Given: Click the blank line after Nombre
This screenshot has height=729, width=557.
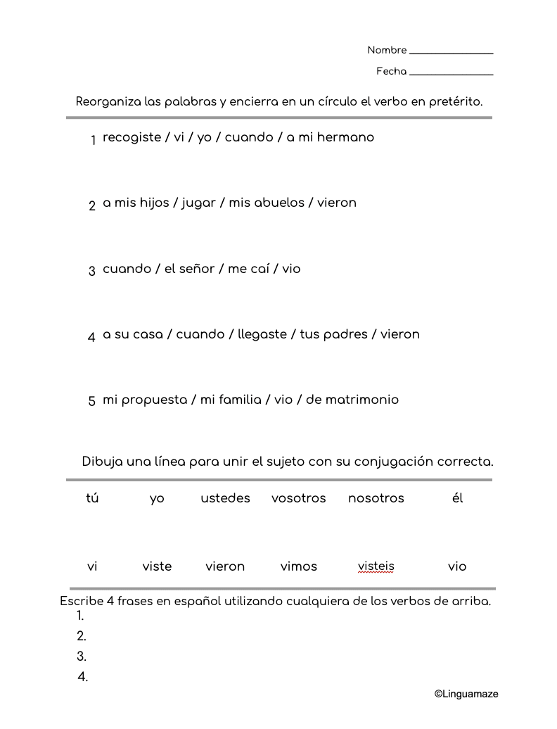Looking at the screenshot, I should point(451,53).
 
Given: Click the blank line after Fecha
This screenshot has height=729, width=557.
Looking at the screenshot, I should point(451,74).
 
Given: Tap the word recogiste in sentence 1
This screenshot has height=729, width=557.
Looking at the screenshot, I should point(132,137).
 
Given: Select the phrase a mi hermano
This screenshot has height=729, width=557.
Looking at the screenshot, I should point(330,137).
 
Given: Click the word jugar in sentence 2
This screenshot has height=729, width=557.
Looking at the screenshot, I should point(198,203).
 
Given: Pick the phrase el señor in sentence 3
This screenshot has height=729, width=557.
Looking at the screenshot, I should point(189,269).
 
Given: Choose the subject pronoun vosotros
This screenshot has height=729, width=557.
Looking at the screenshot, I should point(299,498).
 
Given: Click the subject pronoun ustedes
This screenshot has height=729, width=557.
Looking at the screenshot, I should point(225,498).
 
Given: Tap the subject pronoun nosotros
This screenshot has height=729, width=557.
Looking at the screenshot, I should point(376,498).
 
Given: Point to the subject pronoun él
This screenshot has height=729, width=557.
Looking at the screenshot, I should point(457,498).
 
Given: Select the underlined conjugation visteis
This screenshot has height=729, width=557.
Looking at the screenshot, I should point(376,566).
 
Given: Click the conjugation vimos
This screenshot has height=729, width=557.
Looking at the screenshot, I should point(299,566).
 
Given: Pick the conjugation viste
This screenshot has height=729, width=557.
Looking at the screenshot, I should point(157,566).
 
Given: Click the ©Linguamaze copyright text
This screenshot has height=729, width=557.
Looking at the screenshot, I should point(466,694).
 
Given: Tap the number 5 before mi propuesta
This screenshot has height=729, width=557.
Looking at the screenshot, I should point(92,401).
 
